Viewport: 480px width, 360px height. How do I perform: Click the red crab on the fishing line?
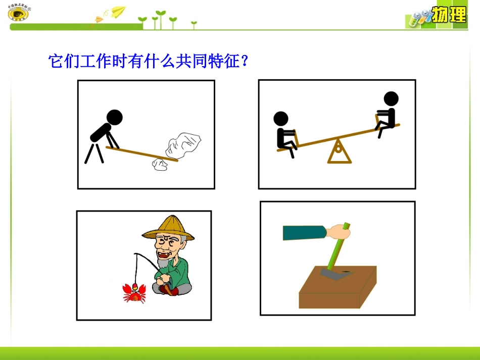click(x=134, y=292)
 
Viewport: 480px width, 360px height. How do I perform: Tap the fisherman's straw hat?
click(x=169, y=228)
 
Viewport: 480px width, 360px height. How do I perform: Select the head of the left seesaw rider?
click(x=281, y=119)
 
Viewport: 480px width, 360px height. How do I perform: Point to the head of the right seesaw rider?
click(x=391, y=98)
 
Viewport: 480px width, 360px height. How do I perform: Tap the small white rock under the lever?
click(x=160, y=165)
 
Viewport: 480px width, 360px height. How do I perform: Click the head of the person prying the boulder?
click(x=115, y=118)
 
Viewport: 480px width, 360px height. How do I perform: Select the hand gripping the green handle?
click(x=338, y=232)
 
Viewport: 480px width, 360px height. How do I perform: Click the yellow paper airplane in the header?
click(x=118, y=11)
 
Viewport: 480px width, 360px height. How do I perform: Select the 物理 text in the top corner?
click(x=448, y=16)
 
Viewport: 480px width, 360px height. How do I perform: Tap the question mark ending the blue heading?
click(x=245, y=62)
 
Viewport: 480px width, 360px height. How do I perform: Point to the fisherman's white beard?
click(x=163, y=263)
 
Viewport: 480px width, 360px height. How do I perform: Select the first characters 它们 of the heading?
click(x=63, y=62)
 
